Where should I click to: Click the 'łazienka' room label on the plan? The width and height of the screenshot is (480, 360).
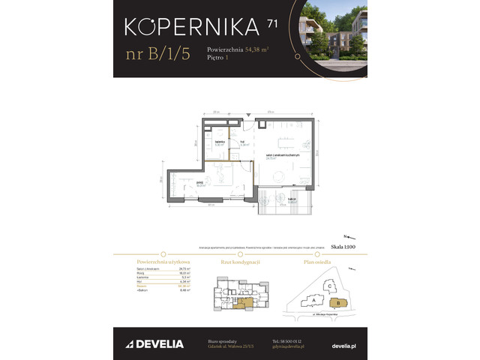point(220,142)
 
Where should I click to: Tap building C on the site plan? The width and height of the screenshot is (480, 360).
point(328,284)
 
